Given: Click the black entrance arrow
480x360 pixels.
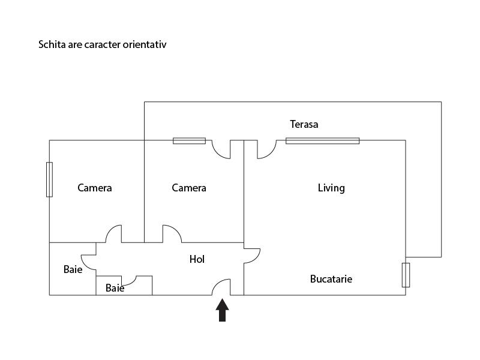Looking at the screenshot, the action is (222, 310).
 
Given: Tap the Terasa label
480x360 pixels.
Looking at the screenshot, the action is (304, 124).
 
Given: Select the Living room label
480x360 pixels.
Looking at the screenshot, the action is (331, 188).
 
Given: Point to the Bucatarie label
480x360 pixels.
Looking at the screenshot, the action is (331, 279).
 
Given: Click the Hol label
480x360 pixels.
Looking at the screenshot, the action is (197, 259).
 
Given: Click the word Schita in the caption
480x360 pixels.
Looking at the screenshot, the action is (52, 44).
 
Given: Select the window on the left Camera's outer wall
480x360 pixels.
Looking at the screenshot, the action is (49, 179).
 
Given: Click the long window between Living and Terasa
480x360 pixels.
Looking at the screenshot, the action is (323, 141).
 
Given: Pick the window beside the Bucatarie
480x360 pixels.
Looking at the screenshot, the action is (406, 275).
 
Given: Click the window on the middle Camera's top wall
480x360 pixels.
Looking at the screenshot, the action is (189, 141).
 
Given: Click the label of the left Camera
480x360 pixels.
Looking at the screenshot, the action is (95, 188).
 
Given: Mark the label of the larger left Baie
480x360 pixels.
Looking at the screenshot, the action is (73, 269).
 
